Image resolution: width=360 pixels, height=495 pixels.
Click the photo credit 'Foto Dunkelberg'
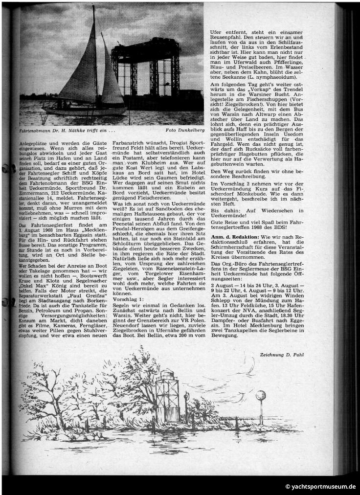184,131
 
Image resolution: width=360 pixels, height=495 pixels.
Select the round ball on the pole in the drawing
261,395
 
